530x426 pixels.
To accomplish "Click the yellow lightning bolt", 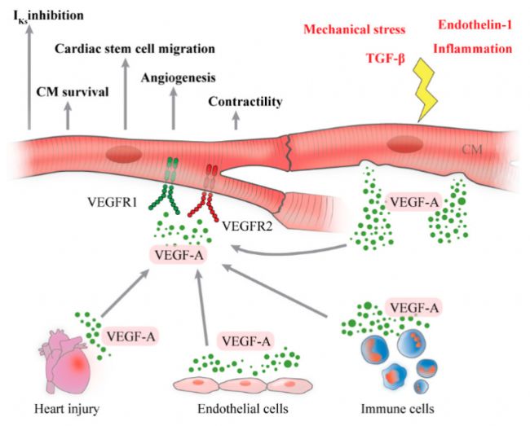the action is pyautogui.click(x=426, y=90).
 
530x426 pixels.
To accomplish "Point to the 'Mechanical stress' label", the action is pyautogui.click(x=354, y=29).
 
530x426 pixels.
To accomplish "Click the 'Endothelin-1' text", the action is pyautogui.click(x=475, y=24).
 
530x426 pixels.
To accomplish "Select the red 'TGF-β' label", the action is pyautogui.click(x=386, y=59).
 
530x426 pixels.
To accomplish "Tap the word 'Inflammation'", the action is pyautogui.click(x=473, y=49).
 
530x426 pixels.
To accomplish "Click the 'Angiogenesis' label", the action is pyautogui.click(x=178, y=78).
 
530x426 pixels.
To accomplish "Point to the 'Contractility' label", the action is pyautogui.click(x=245, y=102).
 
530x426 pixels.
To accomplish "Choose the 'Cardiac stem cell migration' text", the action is pyautogui.click(x=135, y=49).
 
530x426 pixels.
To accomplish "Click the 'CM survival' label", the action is pyautogui.click(x=73, y=92).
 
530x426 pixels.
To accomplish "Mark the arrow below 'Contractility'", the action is pyautogui.click(x=236, y=121).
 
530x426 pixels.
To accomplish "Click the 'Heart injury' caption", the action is pyautogui.click(x=67, y=409).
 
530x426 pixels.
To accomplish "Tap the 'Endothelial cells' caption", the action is pyautogui.click(x=243, y=409).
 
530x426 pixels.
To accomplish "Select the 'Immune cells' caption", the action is pyautogui.click(x=398, y=409).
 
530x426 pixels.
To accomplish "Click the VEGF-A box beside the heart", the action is pyautogui.click(x=130, y=336).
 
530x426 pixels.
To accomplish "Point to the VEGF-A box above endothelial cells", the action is pyautogui.click(x=246, y=341).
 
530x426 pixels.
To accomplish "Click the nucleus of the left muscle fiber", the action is pyautogui.click(x=124, y=154).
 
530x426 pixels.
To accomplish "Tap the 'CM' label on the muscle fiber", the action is pyautogui.click(x=472, y=149).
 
